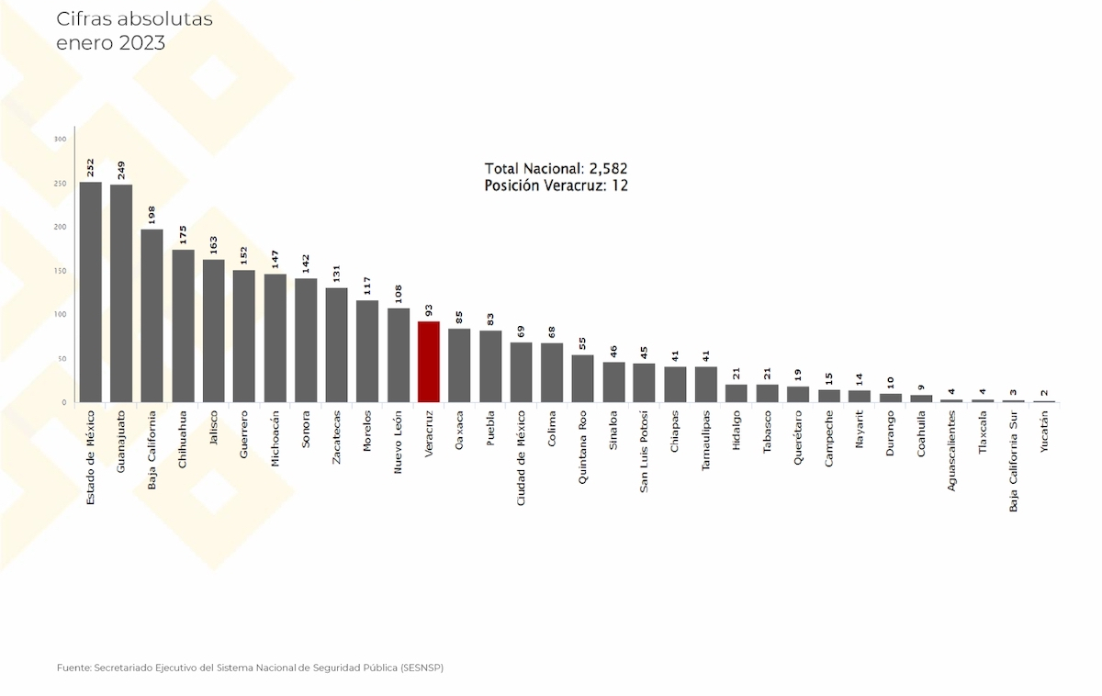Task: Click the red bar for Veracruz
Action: pos(429,362)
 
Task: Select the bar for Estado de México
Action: pos(91,292)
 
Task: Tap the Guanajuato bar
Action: pos(121,294)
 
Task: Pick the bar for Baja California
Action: pos(152,316)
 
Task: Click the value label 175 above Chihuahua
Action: pos(183,235)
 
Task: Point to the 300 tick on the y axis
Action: pos(60,140)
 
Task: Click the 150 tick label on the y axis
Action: pos(60,271)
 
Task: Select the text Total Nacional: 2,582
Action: pos(556,169)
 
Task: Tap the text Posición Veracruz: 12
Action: pos(556,185)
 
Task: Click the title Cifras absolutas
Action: pos(134,19)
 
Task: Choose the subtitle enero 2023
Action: pos(111,43)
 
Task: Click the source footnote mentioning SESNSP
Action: pos(250,668)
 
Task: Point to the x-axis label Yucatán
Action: pos(1044,432)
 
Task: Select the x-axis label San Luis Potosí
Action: pos(644,452)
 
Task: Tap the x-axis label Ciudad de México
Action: pos(521,458)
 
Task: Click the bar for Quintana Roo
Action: pos(582,378)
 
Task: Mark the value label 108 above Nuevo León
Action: pos(398,294)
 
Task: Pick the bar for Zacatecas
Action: pos(336,345)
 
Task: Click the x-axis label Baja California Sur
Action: pos(1013,461)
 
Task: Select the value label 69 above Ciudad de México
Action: pos(521,331)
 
